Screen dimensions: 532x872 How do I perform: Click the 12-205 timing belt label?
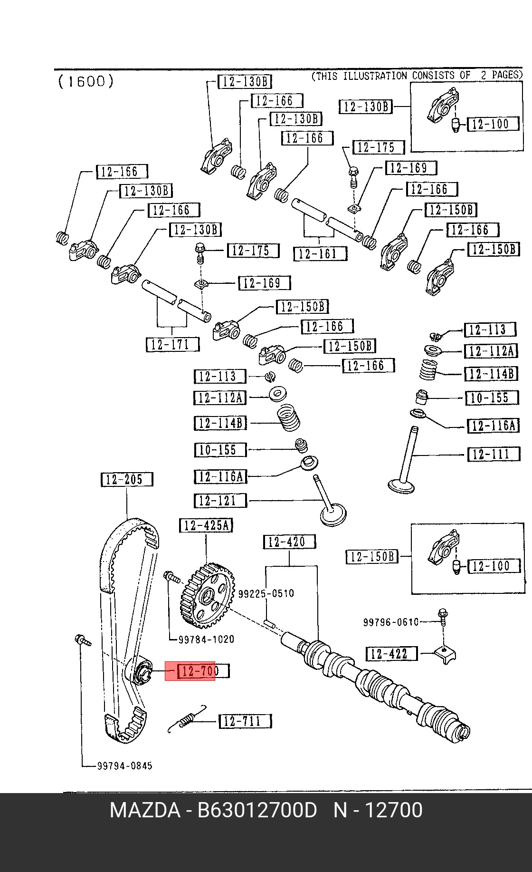tap(127, 479)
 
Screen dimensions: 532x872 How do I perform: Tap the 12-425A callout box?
tap(206, 525)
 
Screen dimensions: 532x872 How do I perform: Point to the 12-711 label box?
tap(245, 721)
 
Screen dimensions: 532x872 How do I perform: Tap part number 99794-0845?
tap(125, 765)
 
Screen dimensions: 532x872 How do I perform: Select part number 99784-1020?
tap(206, 639)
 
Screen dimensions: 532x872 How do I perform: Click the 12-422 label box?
tap(392, 654)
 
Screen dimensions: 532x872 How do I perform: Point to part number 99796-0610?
tap(391, 622)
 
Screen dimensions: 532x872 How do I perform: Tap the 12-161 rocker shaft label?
tap(320, 253)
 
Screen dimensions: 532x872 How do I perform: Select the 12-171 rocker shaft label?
tap(172, 345)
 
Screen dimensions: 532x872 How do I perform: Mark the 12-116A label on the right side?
tap(494, 426)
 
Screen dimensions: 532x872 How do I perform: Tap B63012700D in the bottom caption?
tap(257, 810)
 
